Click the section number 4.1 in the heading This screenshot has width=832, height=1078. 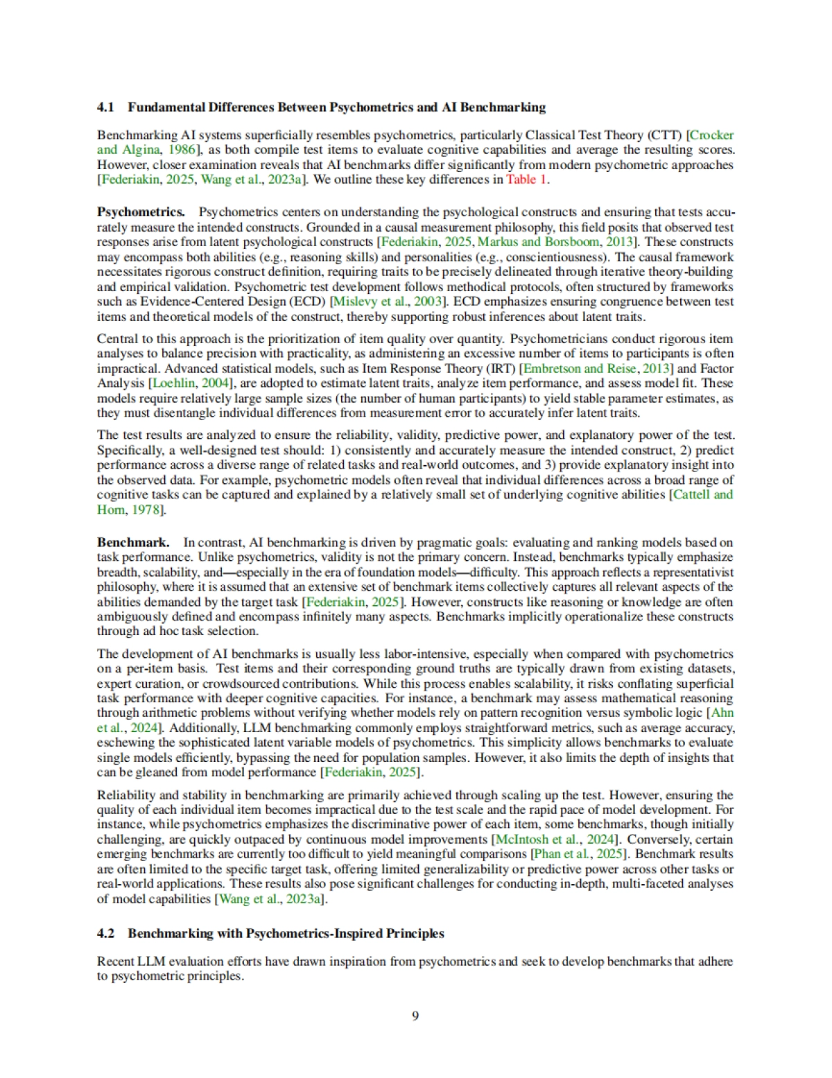(105, 107)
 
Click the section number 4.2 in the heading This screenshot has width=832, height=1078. (105, 933)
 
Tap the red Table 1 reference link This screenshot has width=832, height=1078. (526, 180)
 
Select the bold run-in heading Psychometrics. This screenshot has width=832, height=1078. (141, 212)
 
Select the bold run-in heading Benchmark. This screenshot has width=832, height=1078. (133, 542)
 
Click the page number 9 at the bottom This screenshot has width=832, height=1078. (415, 1016)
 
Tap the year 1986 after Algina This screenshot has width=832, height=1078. (182, 150)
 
